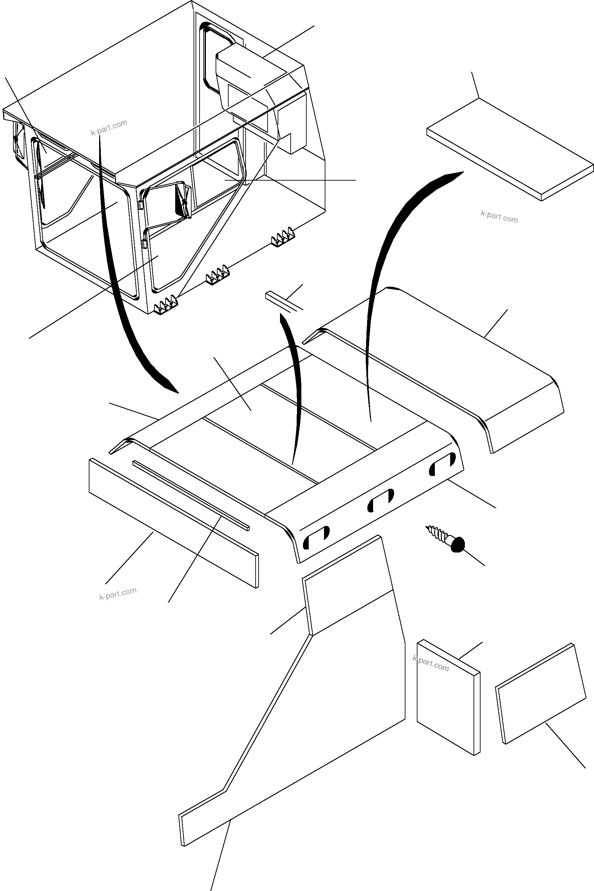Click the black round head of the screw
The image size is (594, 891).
tap(458, 544)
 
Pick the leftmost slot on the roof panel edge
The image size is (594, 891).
tap(317, 538)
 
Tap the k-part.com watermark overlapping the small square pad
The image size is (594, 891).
tap(431, 663)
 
